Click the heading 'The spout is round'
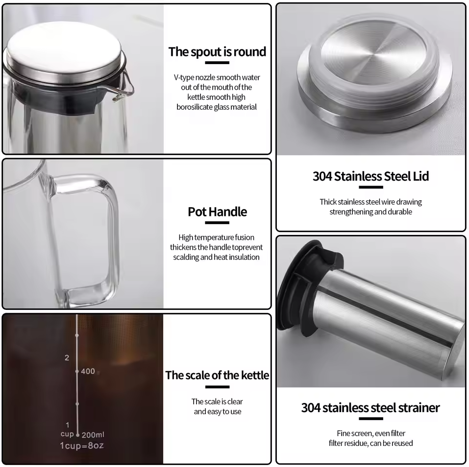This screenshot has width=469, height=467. point(217,52)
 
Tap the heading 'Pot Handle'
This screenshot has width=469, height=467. point(217,212)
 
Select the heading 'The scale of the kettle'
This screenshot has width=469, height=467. point(217,375)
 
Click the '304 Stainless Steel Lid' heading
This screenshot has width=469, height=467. point(370,176)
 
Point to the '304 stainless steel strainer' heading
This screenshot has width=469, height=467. point(370,408)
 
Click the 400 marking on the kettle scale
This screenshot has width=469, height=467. point(88,372)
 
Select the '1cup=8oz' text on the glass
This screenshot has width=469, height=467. point(82,446)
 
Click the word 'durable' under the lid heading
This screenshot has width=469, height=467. point(399,212)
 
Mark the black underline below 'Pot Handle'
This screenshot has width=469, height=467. point(217,223)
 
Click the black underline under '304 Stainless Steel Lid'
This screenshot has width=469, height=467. point(370,187)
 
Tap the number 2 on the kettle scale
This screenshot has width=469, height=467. point(67,358)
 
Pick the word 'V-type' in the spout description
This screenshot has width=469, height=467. point(184,77)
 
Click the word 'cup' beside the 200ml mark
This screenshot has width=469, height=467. point(67,434)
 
